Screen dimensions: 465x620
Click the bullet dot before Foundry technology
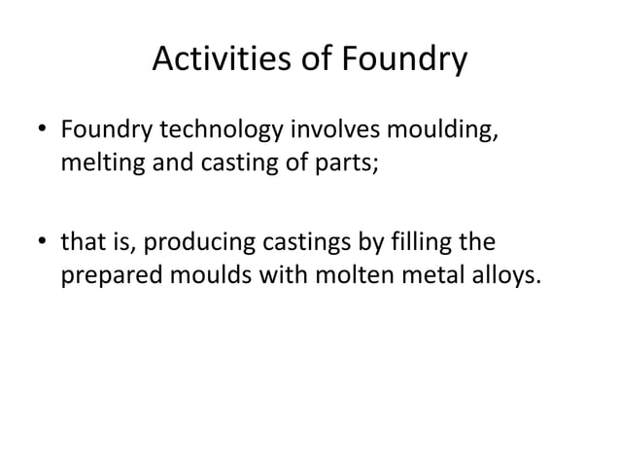pyautogui.click(x=42, y=132)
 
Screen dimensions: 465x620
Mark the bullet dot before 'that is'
pyautogui.click(x=42, y=240)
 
